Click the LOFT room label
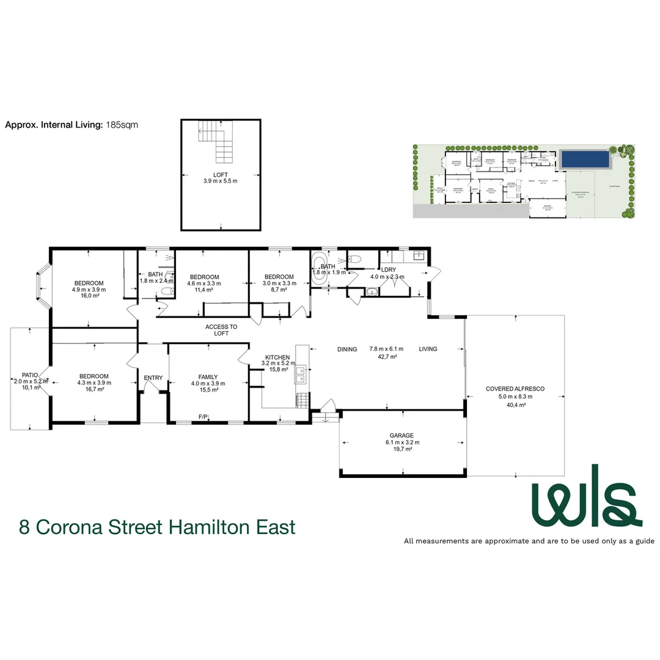220,174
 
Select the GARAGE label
403,436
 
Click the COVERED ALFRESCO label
515,389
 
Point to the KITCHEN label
277,358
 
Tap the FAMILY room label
208,377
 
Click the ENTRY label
153,378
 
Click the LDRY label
389,269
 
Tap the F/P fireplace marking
203,417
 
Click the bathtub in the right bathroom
318,269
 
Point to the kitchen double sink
301,375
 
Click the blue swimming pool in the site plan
585,159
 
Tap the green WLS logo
585,496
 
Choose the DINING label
347,350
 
